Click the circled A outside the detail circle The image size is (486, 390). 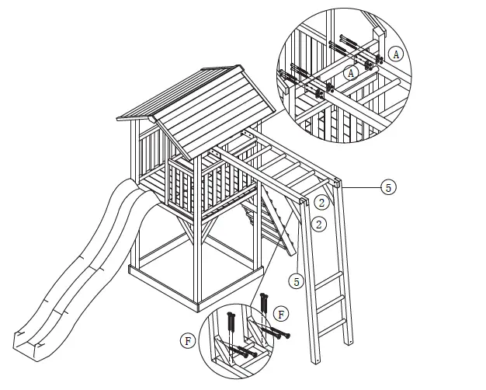[397, 54]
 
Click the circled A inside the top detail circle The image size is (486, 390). [351, 71]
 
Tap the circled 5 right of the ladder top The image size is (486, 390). [389, 187]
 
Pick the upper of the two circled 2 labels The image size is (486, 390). [320, 203]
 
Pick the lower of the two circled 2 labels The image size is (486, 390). [318, 224]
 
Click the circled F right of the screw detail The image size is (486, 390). [282, 315]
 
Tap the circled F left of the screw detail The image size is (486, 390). [186, 340]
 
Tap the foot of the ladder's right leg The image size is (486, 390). [347, 343]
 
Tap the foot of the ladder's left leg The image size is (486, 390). [315, 361]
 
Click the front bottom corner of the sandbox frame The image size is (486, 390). [197, 304]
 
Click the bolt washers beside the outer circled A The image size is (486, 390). [378, 59]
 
